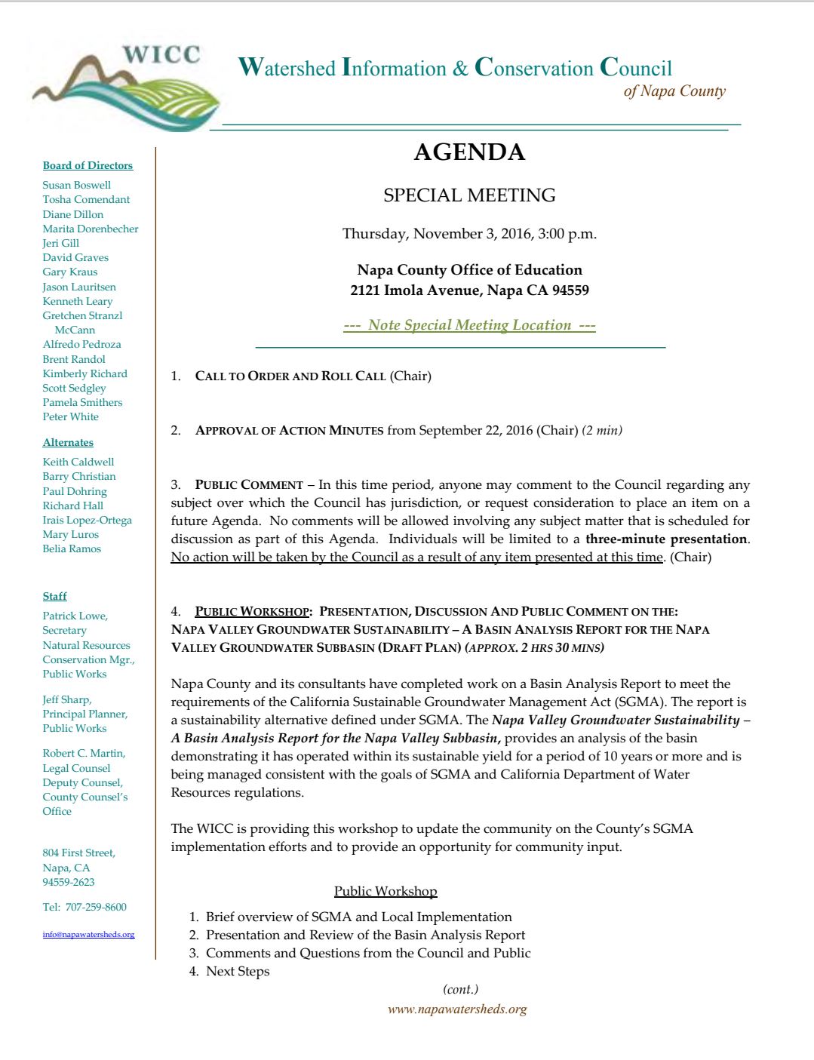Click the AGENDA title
tap(469, 152)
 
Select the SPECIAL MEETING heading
tap(469, 195)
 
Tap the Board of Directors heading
tap(88, 165)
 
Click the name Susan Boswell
tap(76, 185)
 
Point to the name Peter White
tap(70, 416)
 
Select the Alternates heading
tap(68, 442)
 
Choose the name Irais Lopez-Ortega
tap(87, 520)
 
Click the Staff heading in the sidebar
tap(54, 596)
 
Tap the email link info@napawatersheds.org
tap(88, 934)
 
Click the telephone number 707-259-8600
tap(96, 907)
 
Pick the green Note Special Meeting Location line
tap(469, 325)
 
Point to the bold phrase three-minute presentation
tap(666, 539)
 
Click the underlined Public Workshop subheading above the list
tap(385, 891)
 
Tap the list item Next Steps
tap(238, 971)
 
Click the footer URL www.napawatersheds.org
tap(457, 1009)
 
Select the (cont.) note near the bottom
tap(460, 989)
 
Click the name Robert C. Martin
tap(84, 753)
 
